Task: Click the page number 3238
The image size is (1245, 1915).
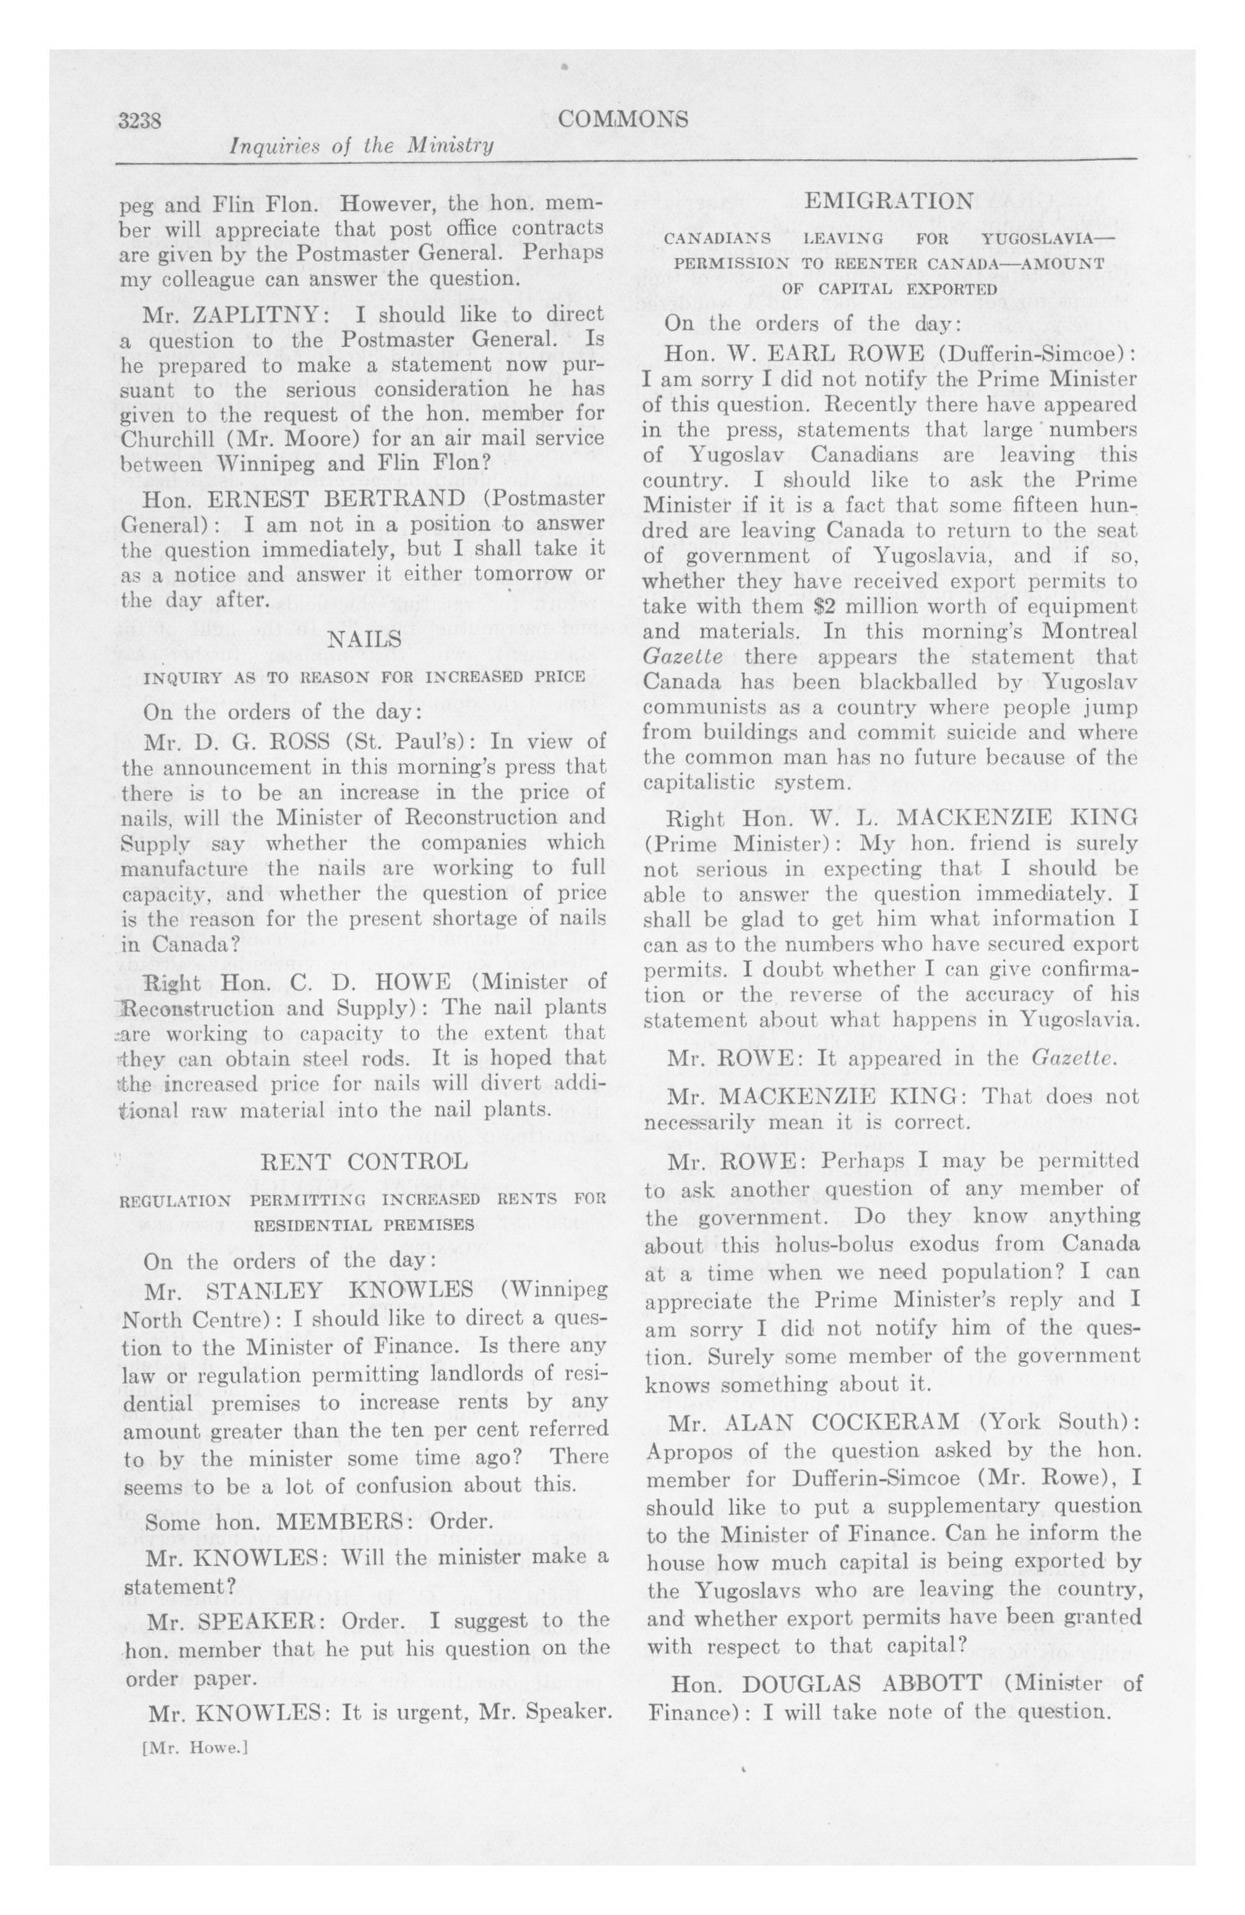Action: click(x=141, y=121)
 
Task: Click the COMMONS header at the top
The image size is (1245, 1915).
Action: click(x=622, y=120)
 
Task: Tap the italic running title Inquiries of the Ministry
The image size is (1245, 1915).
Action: click(x=361, y=146)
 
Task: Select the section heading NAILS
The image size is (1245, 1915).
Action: click(x=365, y=639)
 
